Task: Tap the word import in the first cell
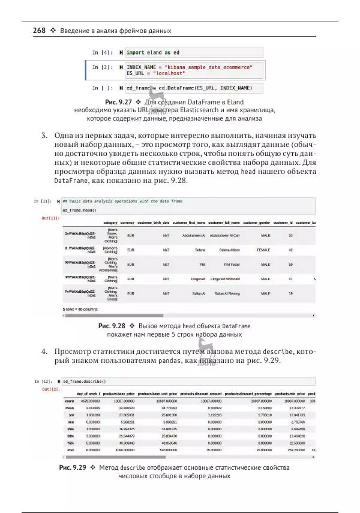(x=139, y=53)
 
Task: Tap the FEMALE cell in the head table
(x=263, y=250)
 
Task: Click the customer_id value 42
(x=290, y=250)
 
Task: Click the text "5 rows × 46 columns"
(x=80, y=309)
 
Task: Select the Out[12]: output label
(x=50, y=389)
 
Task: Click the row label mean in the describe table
(x=70, y=407)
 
